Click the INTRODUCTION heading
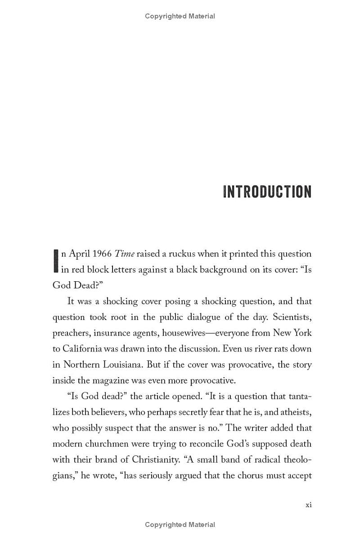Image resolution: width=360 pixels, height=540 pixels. click(x=267, y=192)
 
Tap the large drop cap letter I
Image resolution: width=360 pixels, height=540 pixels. click(x=56, y=261)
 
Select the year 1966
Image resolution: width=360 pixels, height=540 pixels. click(x=100, y=254)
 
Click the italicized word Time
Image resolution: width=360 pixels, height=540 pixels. click(x=125, y=254)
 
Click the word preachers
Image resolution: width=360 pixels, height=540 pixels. click(x=71, y=333)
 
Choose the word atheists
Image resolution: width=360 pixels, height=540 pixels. click(x=295, y=412)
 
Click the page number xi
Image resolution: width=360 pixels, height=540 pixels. click(x=308, y=504)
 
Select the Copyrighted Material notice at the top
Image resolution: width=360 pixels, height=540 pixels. click(x=180, y=16)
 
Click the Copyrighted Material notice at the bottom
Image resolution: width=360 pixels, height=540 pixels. click(x=180, y=525)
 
